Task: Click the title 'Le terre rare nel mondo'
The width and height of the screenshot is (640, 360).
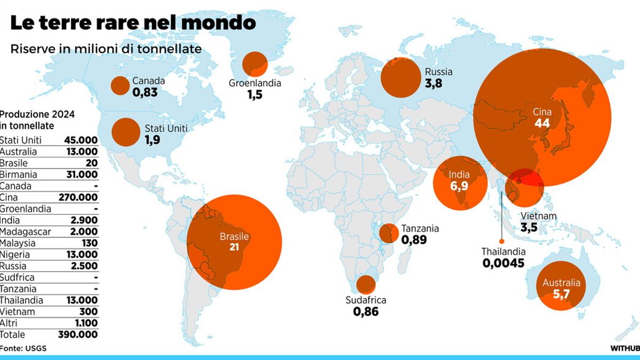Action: [x=133, y=23]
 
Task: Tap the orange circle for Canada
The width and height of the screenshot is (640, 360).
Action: [x=120, y=85]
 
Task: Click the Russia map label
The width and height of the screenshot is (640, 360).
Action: [x=438, y=73]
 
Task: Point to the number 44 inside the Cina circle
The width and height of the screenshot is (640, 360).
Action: [x=542, y=123]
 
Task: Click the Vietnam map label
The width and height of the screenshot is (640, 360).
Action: [x=539, y=216]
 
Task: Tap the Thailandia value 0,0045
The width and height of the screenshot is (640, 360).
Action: [x=503, y=263]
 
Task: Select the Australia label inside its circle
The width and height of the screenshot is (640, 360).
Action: [x=561, y=283]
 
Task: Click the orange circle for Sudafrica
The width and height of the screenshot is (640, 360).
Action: [x=366, y=284]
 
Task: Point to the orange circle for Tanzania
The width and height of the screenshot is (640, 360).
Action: [x=388, y=233]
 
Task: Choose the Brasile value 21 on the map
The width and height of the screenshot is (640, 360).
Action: [x=234, y=248]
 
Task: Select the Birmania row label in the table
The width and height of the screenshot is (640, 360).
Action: [x=19, y=174]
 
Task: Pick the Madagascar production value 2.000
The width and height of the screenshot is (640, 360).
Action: [x=84, y=231]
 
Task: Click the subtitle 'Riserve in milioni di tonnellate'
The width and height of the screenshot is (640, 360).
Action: [x=106, y=49]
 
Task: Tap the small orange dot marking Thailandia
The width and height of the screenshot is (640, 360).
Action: [x=501, y=241]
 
